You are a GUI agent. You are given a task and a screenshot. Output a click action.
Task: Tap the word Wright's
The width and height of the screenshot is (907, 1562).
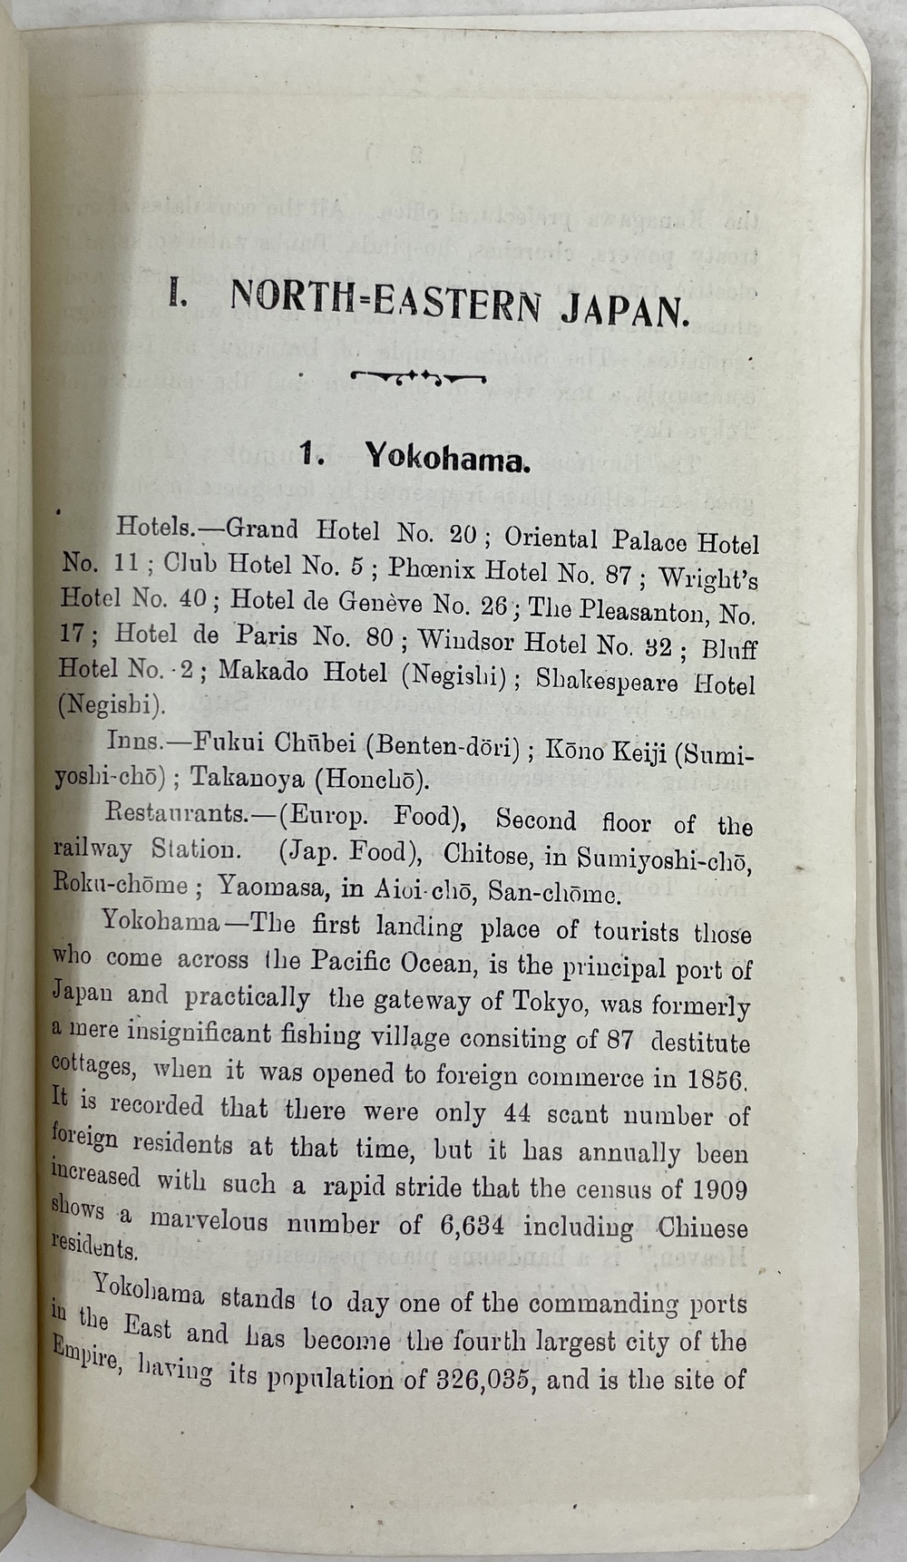708,577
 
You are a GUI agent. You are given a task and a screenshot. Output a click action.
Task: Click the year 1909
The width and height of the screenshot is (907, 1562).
718,1189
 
